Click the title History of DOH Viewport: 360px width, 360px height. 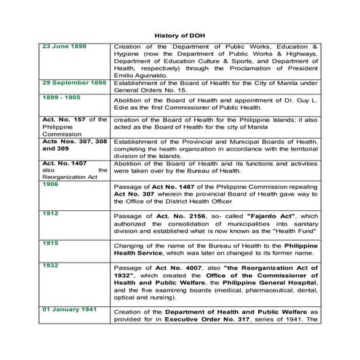click(180, 34)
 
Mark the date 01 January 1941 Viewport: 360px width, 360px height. click(71, 309)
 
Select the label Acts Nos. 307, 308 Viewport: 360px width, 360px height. click(73, 140)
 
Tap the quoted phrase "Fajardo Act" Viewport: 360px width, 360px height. click(270, 216)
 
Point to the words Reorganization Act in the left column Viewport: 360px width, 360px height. click(69, 177)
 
